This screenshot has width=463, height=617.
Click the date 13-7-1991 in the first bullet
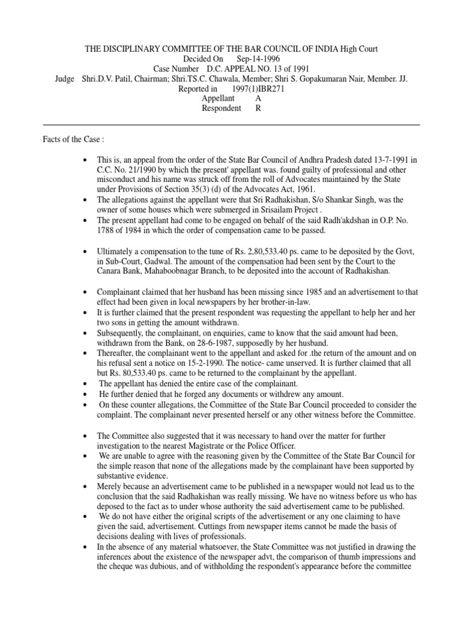pyautogui.click(x=389, y=160)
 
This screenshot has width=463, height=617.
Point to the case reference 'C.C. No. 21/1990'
pyautogui.click(x=126, y=170)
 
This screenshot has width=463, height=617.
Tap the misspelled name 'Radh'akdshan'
pyautogui.click(x=327, y=220)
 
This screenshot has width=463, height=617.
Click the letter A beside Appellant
pyautogui.click(x=259, y=98)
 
